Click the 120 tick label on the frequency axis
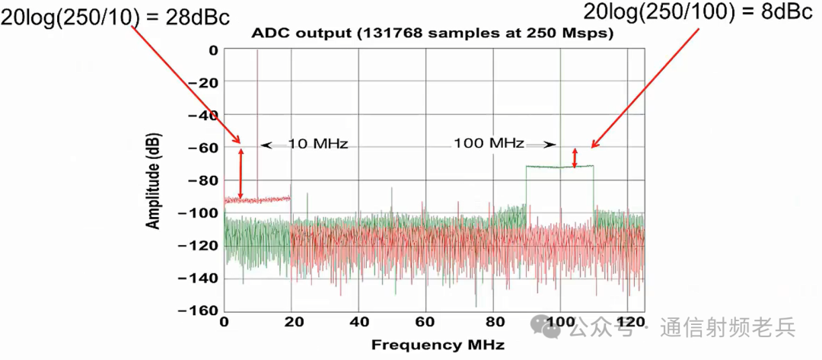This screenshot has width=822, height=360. (x=627, y=322)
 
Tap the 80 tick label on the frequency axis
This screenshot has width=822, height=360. (x=492, y=322)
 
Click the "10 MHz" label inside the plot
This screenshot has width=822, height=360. (x=318, y=143)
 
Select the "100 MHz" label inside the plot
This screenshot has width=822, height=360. (x=489, y=142)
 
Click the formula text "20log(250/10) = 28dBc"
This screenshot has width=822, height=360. (x=115, y=18)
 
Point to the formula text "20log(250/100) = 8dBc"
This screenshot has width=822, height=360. (x=697, y=12)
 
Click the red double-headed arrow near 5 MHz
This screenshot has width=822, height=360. (x=241, y=174)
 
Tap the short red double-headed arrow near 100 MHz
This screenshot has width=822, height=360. (x=575, y=157)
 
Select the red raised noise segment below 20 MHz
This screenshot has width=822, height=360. (x=266, y=199)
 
